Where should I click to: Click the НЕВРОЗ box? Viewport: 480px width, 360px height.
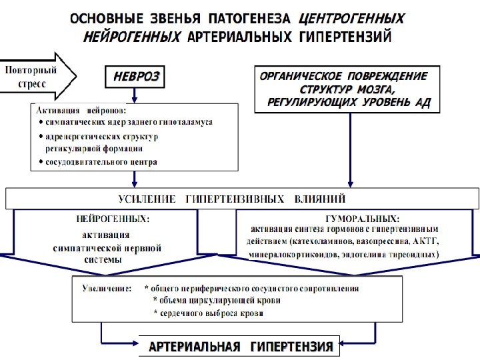[x=135, y=77]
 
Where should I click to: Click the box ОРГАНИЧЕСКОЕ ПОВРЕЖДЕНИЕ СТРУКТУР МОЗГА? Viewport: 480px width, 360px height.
[x=348, y=89]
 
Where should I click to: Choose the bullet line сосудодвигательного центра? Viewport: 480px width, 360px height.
[x=101, y=162]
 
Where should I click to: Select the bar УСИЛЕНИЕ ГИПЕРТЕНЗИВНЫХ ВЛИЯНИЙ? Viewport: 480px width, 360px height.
[x=241, y=199]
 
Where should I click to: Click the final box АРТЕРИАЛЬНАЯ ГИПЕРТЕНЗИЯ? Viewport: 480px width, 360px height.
[x=241, y=347]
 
